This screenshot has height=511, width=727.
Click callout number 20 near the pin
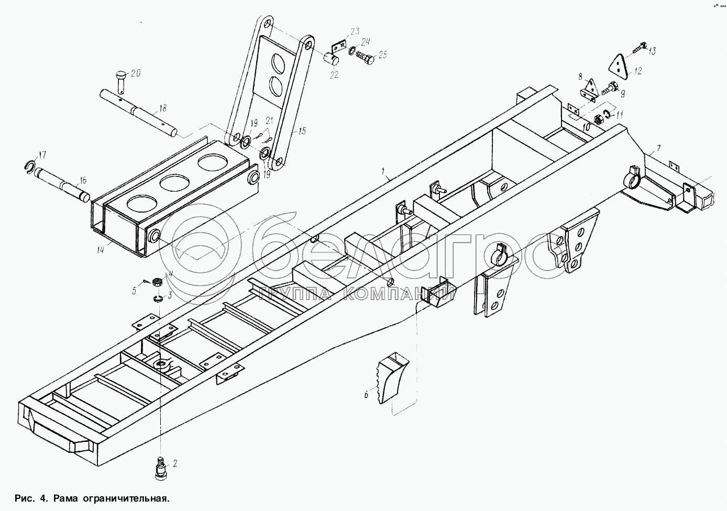[x=136, y=73]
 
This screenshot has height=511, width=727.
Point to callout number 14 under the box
[x=100, y=250]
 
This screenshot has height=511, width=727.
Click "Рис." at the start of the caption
[x=24, y=498]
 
